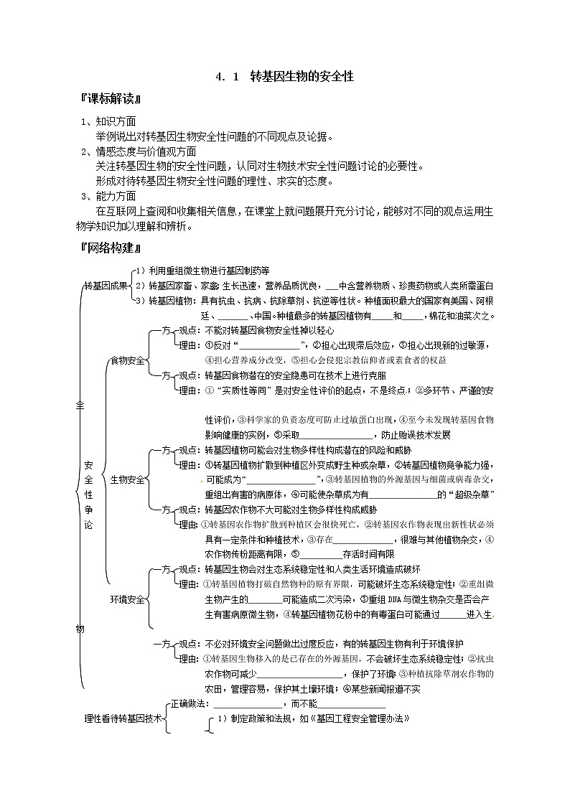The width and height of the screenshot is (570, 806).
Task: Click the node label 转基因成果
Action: tap(105, 285)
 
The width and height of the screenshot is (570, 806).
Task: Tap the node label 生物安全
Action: tap(127, 479)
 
